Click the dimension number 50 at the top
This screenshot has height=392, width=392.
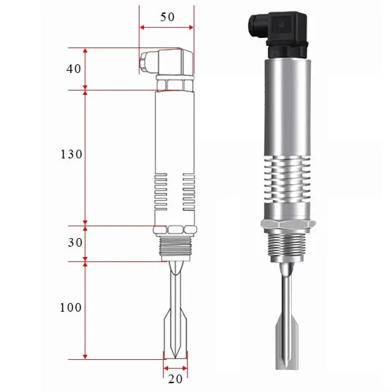(167, 17)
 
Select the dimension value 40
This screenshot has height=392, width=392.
(74, 69)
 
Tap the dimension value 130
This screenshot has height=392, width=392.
(71, 155)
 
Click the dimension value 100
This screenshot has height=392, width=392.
(71, 307)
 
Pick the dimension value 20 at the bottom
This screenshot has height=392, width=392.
(175, 378)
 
